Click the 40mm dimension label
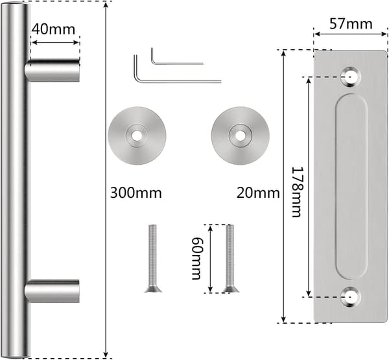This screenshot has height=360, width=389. pyautogui.click(x=53, y=29)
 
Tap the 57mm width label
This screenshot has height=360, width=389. pyautogui.click(x=351, y=24)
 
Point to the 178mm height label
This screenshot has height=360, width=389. pyautogui.click(x=297, y=192)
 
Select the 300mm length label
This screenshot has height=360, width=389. pyautogui.click(x=136, y=193)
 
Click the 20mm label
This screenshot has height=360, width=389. pyautogui.click(x=258, y=193)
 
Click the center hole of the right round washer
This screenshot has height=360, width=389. pyautogui.click(x=240, y=136)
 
